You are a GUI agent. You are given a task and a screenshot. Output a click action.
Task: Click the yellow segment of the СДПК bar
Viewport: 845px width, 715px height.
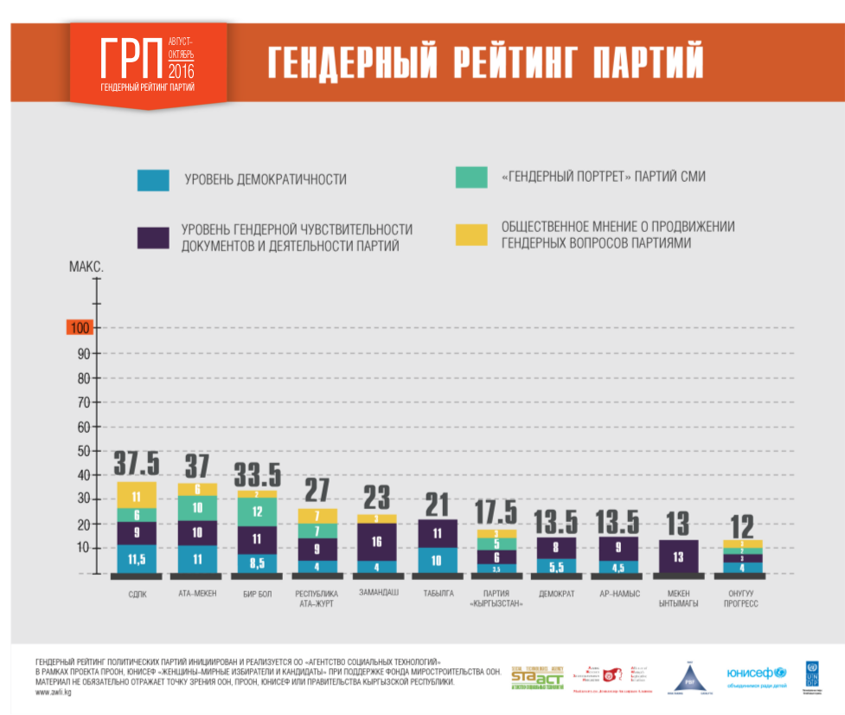138,496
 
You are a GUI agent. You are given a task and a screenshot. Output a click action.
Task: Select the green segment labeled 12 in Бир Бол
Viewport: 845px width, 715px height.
257,512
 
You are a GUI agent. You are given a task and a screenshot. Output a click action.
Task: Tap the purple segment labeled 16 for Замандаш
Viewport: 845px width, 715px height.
378,542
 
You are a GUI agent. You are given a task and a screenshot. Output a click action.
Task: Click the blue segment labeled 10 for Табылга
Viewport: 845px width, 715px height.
439,560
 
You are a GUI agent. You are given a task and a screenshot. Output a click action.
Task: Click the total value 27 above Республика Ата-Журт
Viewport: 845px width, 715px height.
317,491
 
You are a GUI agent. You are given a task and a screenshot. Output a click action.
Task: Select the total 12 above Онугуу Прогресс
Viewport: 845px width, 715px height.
742,525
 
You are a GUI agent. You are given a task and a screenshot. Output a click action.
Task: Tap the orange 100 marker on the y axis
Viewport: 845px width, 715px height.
80,328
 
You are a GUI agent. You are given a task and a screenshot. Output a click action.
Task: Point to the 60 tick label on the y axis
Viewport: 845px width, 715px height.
84,427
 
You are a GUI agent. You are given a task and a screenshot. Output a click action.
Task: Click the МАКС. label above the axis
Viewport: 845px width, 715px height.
86,267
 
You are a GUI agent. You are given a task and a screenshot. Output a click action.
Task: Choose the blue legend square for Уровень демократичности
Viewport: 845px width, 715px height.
153,179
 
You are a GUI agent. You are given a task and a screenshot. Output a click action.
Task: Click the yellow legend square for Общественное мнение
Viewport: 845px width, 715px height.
471,235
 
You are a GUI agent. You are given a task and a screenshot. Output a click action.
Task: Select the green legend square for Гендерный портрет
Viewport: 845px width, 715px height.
471,177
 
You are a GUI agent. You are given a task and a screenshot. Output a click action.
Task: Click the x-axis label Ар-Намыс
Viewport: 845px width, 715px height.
618,594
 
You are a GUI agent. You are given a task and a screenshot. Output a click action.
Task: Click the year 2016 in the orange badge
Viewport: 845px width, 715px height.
182,72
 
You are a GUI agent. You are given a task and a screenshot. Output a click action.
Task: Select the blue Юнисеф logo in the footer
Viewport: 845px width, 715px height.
756,673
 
